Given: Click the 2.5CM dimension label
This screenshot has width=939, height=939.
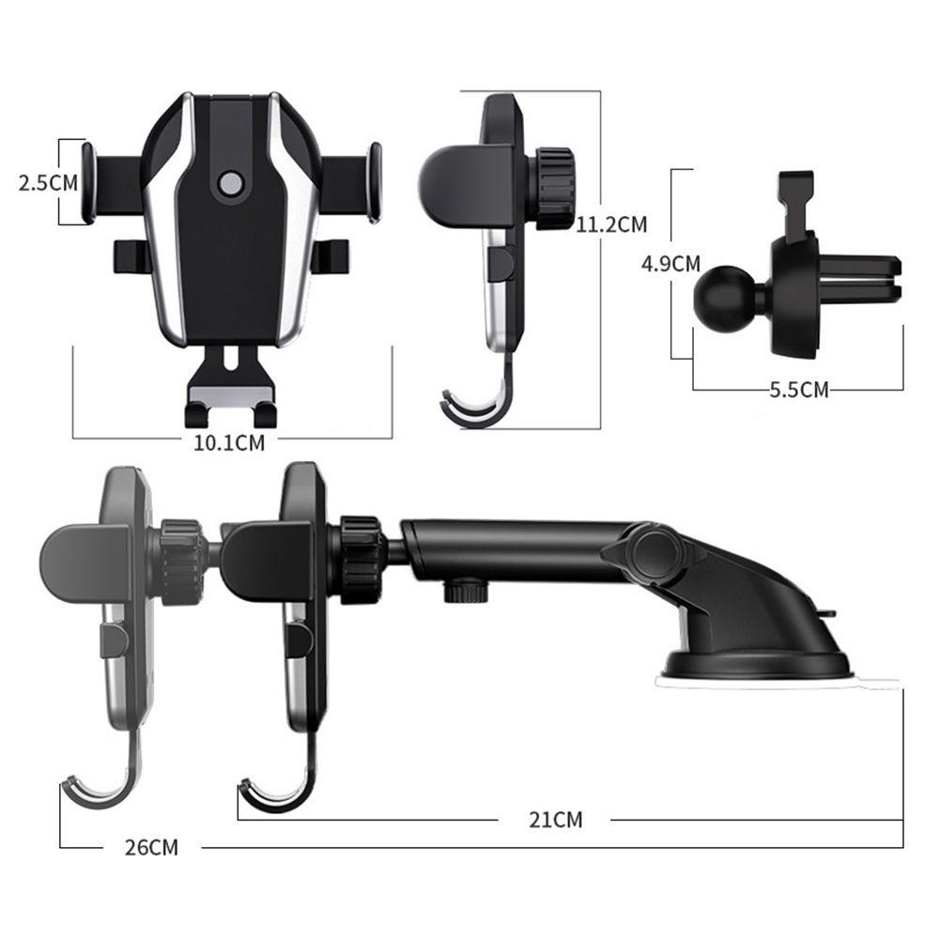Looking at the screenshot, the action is [x=49, y=183].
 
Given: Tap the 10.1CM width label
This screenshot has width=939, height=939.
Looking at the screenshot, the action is [x=229, y=442].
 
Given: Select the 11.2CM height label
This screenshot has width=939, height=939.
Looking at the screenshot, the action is [x=612, y=224].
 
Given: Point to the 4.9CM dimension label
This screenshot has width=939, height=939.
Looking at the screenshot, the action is [x=670, y=263].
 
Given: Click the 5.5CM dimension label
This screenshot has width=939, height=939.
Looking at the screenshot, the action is [x=799, y=390].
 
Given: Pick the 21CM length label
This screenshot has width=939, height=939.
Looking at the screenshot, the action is [x=556, y=819].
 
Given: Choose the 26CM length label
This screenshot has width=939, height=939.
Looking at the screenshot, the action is [x=151, y=847].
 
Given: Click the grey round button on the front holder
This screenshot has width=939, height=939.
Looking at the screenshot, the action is [x=231, y=184].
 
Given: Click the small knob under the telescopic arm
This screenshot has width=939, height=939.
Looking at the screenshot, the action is [x=466, y=590].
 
